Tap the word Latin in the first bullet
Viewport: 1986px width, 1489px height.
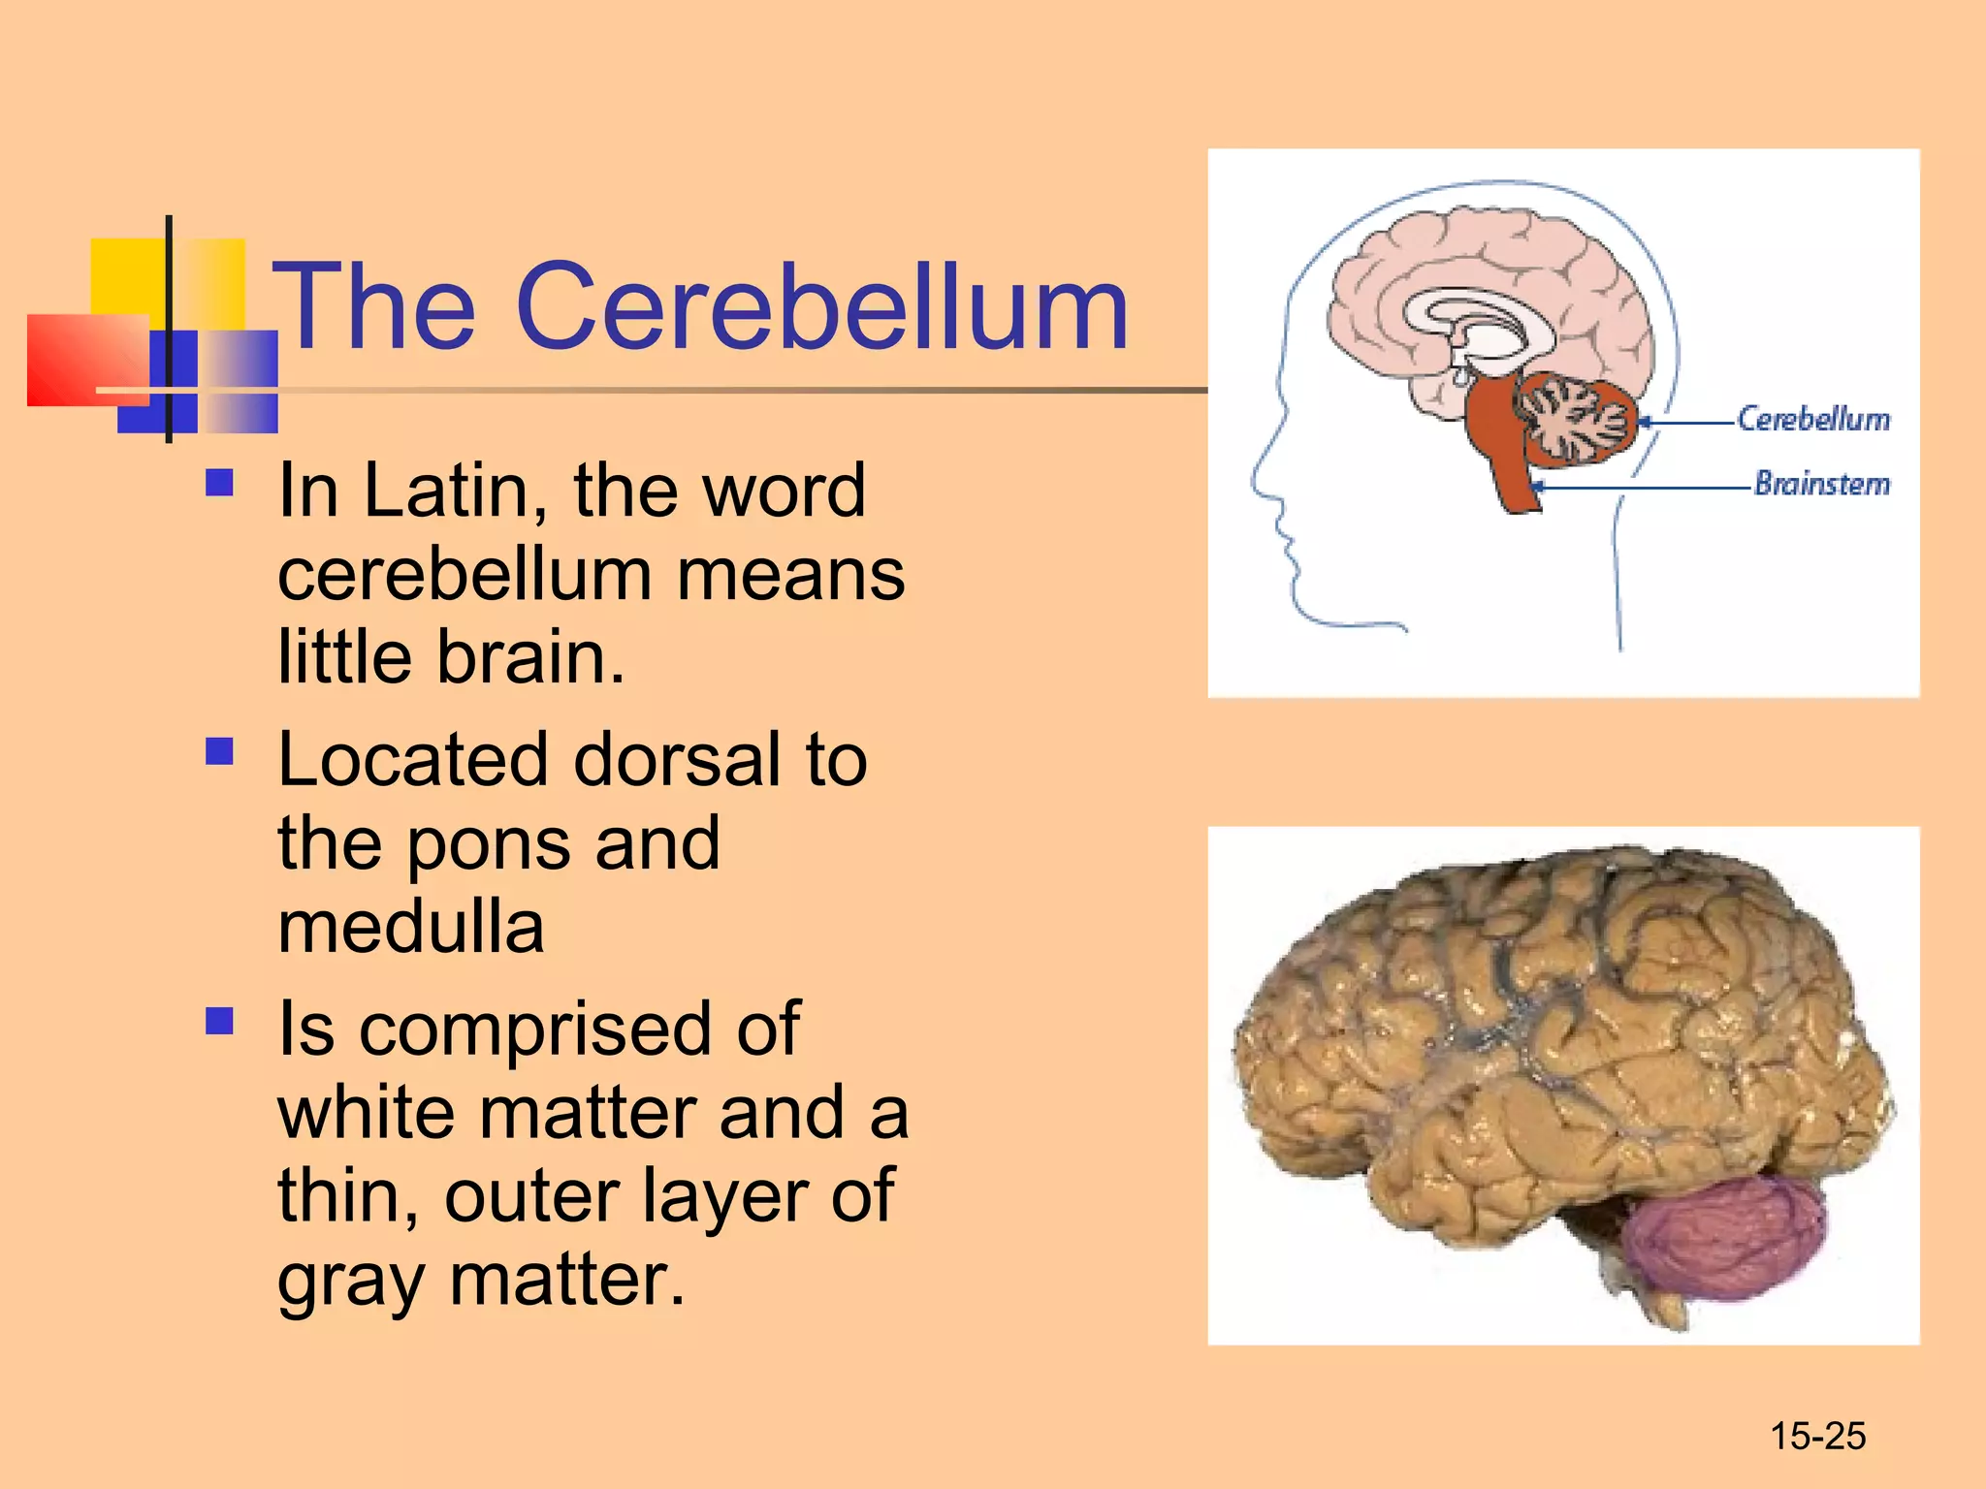pos(445,491)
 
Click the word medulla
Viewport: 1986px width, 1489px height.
pos(411,927)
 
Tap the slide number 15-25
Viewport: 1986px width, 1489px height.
pos(1817,1436)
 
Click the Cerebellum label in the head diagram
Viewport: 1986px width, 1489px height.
pos(1812,419)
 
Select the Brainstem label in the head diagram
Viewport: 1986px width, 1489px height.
pos(1822,483)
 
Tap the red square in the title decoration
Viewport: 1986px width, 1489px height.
pos(87,360)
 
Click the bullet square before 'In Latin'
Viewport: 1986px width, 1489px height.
pos(220,483)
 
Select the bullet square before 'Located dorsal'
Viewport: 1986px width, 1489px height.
pos(220,751)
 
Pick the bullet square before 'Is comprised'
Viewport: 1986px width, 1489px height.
pos(220,1021)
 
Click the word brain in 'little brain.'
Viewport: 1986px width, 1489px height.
pos(530,658)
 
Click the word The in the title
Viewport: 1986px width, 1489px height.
pos(374,308)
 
